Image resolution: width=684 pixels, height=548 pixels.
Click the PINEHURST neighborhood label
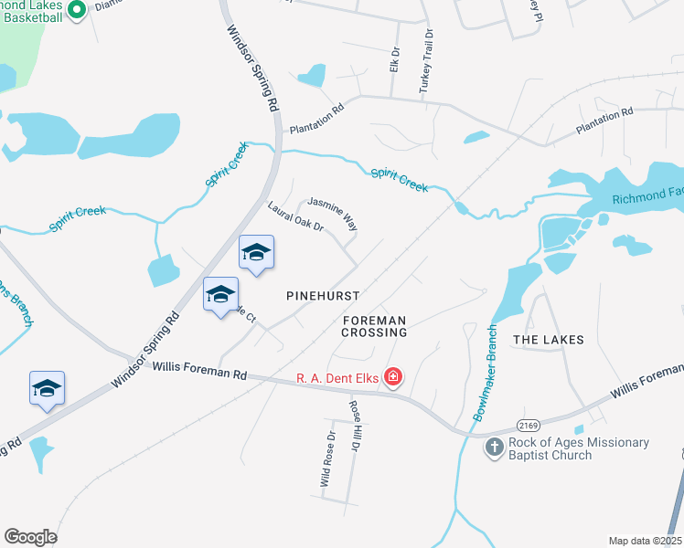[x=322, y=297]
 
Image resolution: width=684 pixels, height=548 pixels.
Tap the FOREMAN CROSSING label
[x=375, y=327]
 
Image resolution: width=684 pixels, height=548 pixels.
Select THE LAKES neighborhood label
[x=548, y=340]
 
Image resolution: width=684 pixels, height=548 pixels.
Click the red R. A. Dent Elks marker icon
[x=393, y=376]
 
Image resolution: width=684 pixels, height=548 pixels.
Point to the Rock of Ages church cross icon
[x=494, y=448]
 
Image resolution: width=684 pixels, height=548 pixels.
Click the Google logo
[x=31, y=537]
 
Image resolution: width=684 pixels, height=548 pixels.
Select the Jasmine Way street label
[x=332, y=213]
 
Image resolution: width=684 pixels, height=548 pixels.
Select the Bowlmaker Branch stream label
[x=485, y=372]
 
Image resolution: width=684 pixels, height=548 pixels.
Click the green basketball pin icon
[x=78, y=9]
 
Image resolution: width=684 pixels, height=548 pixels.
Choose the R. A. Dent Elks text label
[x=337, y=376]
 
